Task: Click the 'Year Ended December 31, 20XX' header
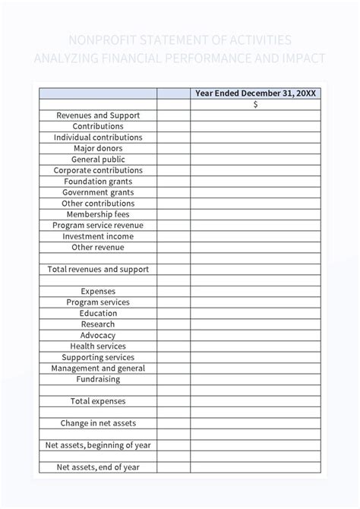tap(255, 93)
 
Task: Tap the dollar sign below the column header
tap(255, 105)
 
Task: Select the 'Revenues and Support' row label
tap(98, 115)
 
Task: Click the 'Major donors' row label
tap(98, 149)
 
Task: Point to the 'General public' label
tap(98, 160)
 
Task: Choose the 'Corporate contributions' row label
tap(98, 171)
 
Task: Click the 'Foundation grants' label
tap(98, 182)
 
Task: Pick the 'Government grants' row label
tap(98, 193)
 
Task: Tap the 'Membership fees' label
tap(98, 214)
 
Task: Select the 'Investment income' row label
tap(98, 236)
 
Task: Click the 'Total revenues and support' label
tap(98, 270)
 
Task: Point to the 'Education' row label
tap(98, 313)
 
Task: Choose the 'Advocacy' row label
tap(98, 335)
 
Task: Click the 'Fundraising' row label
tap(98, 379)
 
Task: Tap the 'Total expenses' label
tap(98, 401)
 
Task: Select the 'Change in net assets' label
tap(98, 423)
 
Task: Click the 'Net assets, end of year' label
tap(98, 467)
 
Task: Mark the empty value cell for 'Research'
tap(255, 324)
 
